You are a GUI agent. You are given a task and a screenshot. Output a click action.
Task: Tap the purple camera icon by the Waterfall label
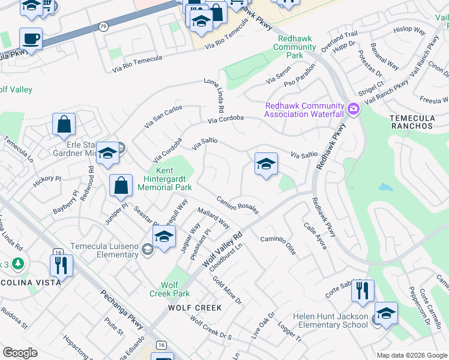[354, 109]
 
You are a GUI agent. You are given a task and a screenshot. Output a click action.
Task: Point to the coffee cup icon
[31, 40]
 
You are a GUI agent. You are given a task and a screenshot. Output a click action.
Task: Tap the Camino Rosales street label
[238, 205]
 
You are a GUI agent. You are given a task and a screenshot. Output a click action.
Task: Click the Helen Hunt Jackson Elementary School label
[330, 320]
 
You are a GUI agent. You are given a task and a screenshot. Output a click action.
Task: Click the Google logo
[20, 353]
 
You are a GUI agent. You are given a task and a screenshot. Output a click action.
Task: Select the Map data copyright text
[411, 355]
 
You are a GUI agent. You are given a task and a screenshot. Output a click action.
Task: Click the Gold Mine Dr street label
[227, 292]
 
